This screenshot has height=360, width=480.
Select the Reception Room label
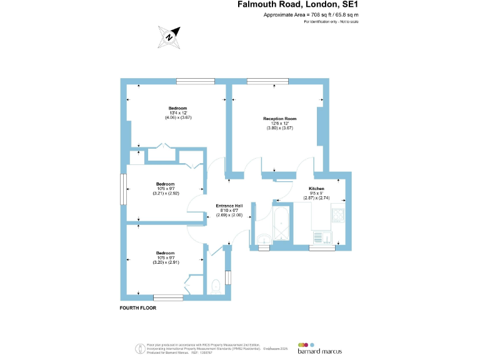279,118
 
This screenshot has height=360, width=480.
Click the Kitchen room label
316,188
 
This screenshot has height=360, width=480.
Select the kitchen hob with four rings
339,216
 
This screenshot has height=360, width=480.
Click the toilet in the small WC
216,286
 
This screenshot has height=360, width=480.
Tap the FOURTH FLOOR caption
137,308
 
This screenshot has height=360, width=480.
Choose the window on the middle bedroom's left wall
123,189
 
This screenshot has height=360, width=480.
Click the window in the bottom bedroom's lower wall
168,297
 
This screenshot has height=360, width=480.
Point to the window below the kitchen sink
322,248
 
